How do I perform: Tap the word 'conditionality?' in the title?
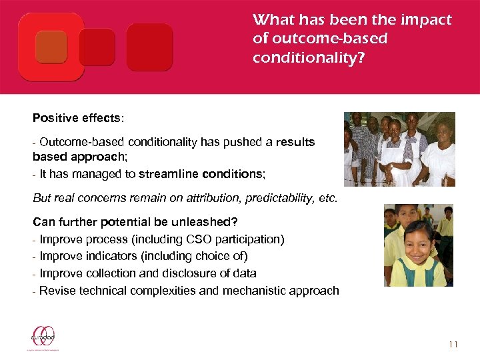(x=309, y=58)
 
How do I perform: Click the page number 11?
(x=453, y=344)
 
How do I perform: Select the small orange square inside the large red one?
(x=51, y=47)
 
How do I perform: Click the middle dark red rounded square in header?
(x=97, y=47)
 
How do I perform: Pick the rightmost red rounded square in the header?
(x=149, y=47)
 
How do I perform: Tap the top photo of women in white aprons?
(x=399, y=149)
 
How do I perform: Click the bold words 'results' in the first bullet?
(x=295, y=143)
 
